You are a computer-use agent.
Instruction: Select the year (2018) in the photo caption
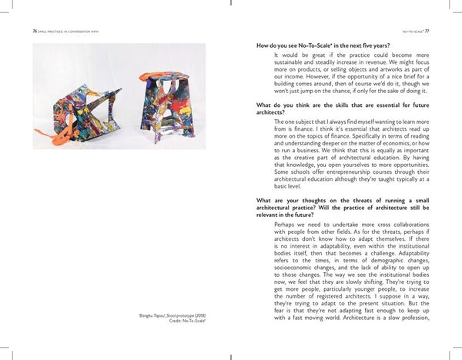click(199, 315)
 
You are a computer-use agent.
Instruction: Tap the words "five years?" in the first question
click(375, 46)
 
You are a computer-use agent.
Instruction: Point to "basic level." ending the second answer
click(290, 186)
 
